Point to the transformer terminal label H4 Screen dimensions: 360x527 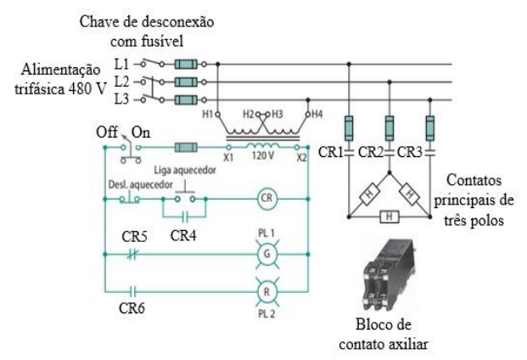point(316,113)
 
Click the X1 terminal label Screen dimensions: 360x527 point(228,159)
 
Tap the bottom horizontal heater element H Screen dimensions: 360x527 point(390,217)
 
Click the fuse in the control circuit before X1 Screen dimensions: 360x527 point(184,147)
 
